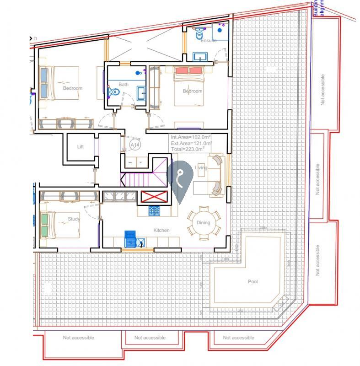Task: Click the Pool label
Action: [x=252, y=282]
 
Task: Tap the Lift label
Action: [x=81, y=147]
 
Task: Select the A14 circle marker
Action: [x=135, y=145]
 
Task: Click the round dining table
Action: [x=204, y=223]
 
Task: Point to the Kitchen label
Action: [x=161, y=230]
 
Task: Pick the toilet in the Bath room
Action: [x=114, y=93]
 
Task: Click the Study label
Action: [x=74, y=219]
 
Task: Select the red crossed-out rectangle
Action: [x=154, y=197]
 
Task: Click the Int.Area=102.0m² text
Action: [x=191, y=137]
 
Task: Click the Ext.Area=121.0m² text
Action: [x=191, y=143]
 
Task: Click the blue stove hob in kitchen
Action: [x=154, y=211]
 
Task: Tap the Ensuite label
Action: [x=208, y=41]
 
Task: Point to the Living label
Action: [x=201, y=168]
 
